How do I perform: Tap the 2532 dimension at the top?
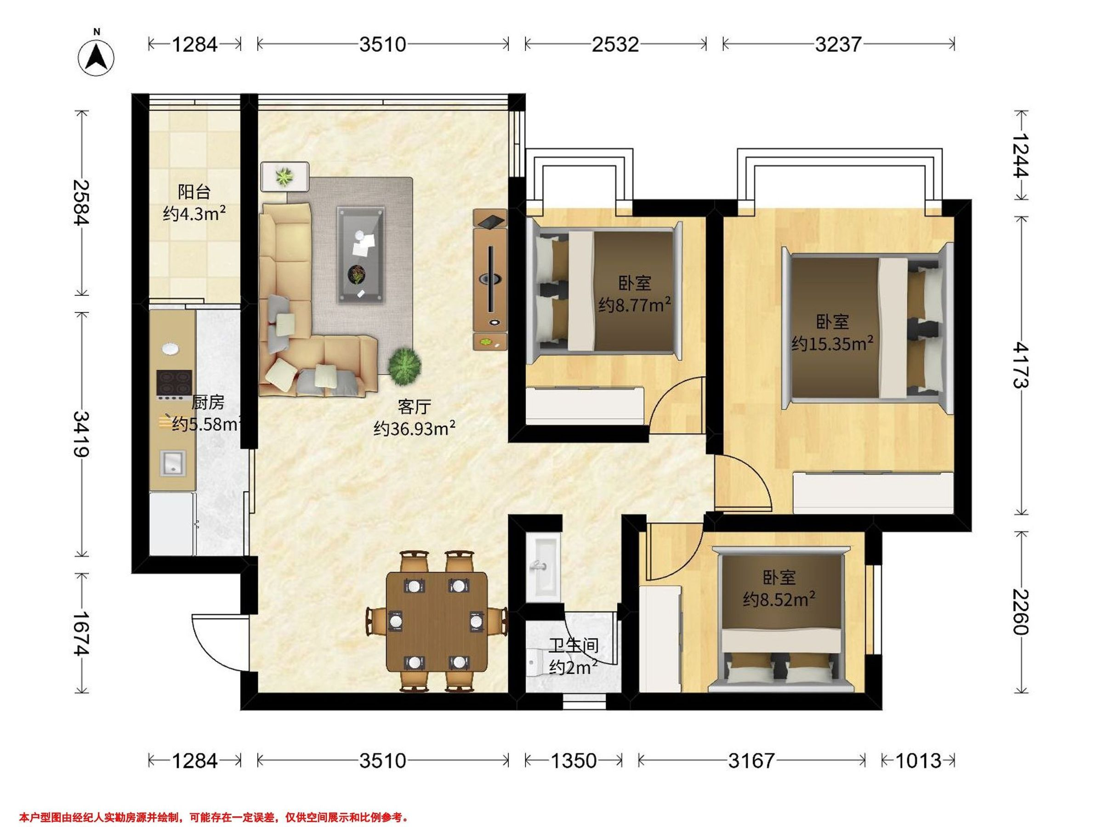615,45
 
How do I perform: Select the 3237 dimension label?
838,45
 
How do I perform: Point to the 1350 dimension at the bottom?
573,761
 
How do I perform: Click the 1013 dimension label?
918,761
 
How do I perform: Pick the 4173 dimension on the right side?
1021,365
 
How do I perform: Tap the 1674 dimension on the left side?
82,633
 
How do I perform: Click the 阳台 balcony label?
194,193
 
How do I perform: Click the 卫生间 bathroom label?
574,646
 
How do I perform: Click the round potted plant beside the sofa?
405,366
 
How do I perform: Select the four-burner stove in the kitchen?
174,385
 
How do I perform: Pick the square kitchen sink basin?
172,463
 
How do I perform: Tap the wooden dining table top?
437,622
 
